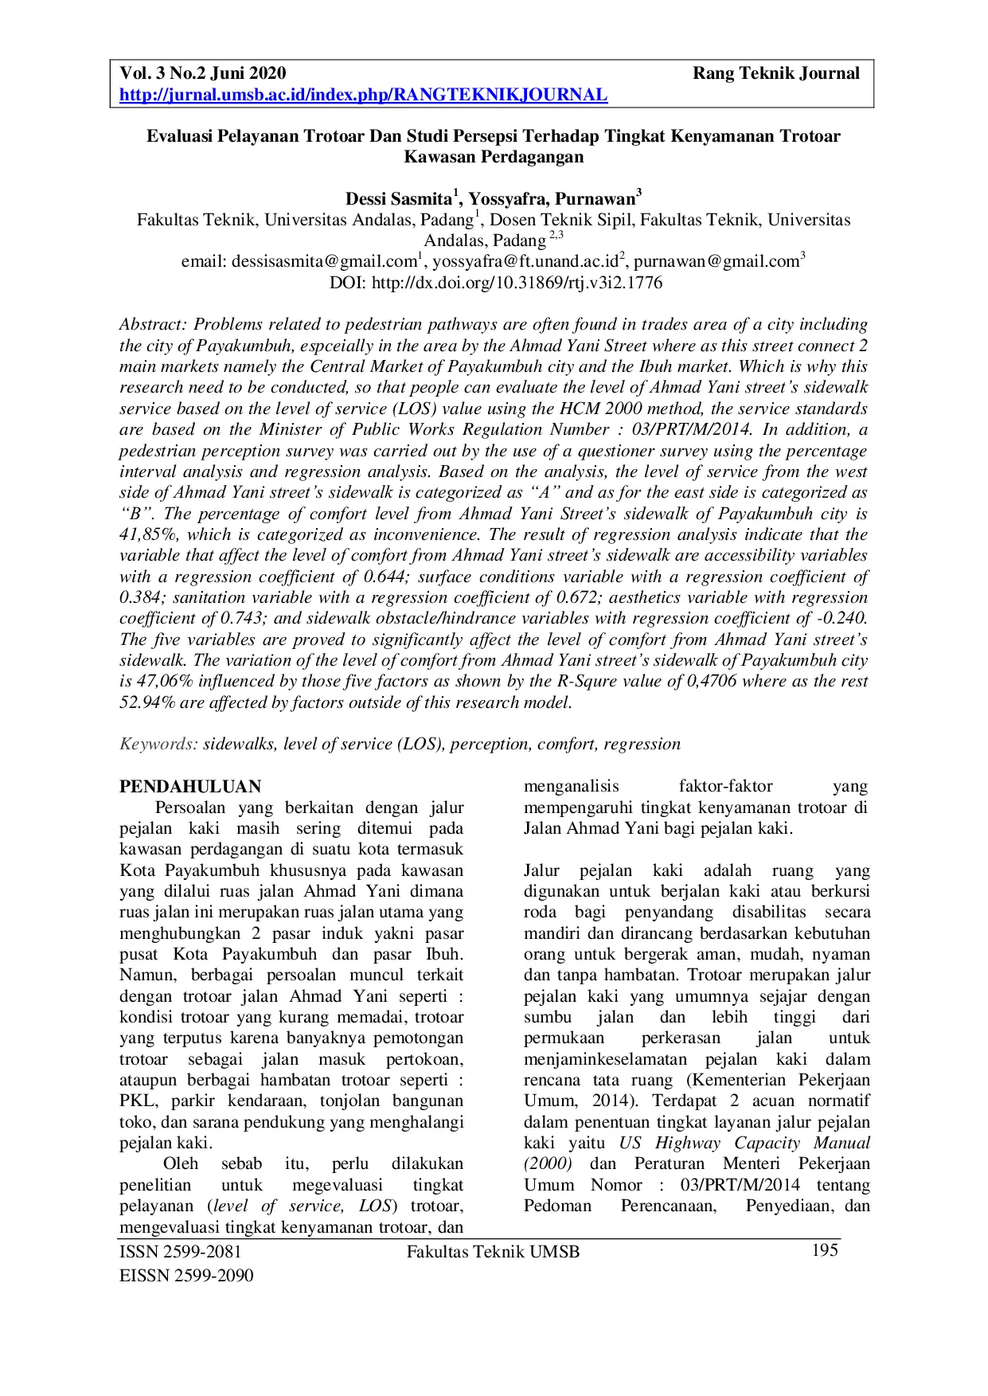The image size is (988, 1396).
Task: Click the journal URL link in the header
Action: pyautogui.click(x=363, y=96)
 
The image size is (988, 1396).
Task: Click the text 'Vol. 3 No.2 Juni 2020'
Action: pyautogui.click(x=202, y=74)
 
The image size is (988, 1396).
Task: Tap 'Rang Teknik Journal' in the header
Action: pyautogui.click(x=775, y=74)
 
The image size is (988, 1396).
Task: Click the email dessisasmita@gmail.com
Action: pyautogui.click(x=324, y=262)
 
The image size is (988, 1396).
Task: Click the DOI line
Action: pyautogui.click(x=495, y=283)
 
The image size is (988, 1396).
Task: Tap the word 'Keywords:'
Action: pyautogui.click(x=158, y=745)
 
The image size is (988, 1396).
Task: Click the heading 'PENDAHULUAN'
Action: pyautogui.click(x=190, y=787)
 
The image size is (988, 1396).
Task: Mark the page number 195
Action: pyautogui.click(x=825, y=1250)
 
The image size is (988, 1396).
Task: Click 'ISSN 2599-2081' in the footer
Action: pyautogui.click(x=180, y=1252)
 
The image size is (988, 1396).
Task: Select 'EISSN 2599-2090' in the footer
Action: pyautogui.click(x=186, y=1276)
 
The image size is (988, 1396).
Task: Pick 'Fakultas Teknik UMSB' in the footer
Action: pyautogui.click(x=493, y=1252)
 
